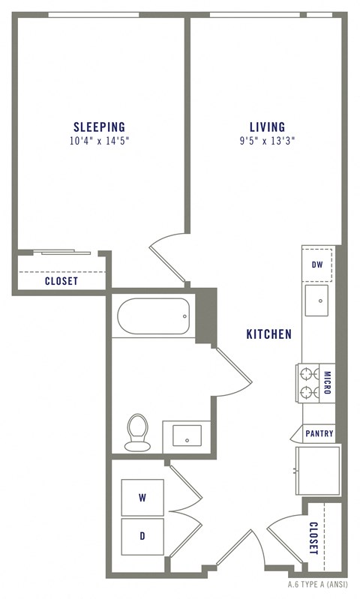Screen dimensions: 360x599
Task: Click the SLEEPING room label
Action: point(99,127)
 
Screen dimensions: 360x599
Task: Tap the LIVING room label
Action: point(268,127)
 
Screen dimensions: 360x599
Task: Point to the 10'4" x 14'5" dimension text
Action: point(99,141)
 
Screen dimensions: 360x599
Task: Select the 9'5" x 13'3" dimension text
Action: point(268,141)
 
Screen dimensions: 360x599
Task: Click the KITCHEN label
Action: point(269,334)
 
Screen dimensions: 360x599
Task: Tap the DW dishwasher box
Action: point(317,265)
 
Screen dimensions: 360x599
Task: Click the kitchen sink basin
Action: point(316,301)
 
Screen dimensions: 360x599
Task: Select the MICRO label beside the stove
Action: point(327,382)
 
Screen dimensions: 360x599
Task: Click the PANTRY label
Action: point(319,433)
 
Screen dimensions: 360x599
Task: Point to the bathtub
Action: point(153,316)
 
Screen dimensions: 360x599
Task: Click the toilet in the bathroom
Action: point(137,433)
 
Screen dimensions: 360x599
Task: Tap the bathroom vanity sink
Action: point(187,436)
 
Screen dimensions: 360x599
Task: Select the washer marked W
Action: point(142,497)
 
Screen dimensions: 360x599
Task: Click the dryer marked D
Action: point(142,536)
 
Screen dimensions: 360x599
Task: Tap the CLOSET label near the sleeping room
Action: point(61,281)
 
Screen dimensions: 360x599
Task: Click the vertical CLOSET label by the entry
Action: point(313,538)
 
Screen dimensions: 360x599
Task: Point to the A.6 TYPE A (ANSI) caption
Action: point(318,585)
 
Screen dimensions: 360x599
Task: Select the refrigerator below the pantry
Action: point(318,471)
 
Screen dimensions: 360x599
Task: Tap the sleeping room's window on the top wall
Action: point(94,15)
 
